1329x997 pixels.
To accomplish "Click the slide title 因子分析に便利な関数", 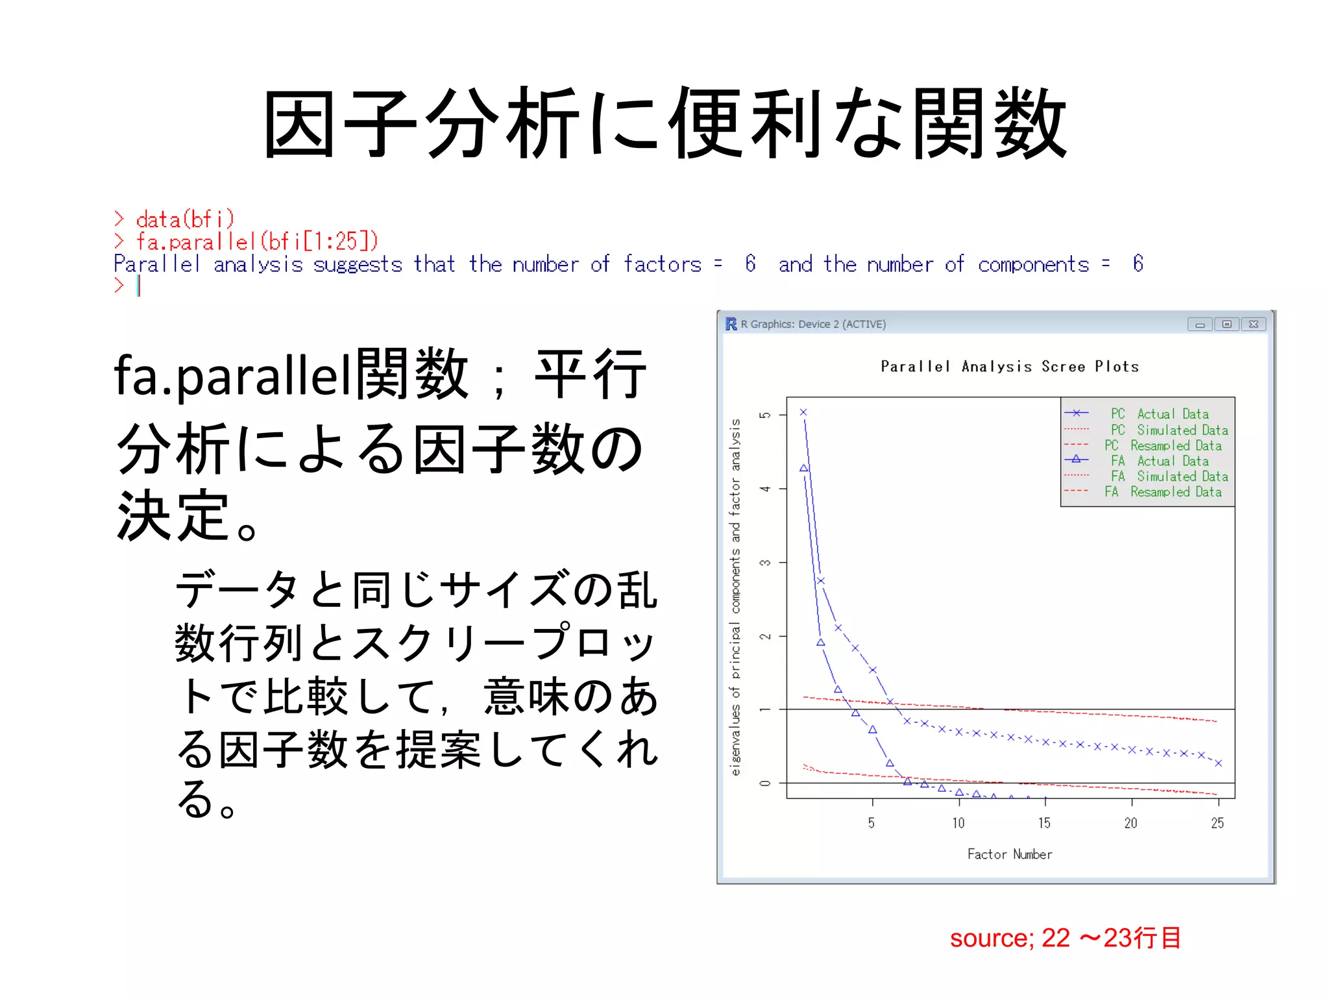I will tap(664, 123).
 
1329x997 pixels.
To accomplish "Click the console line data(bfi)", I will tap(184, 219).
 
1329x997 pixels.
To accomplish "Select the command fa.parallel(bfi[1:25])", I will tap(257, 241).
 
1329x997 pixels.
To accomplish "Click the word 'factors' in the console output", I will tap(662, 264).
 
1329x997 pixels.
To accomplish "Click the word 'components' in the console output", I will tap(1033, 265).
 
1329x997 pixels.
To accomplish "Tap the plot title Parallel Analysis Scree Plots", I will tap(1009, 367).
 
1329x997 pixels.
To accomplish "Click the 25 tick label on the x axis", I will tap(1217, 823).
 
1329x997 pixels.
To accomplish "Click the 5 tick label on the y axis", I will tap(766, 415).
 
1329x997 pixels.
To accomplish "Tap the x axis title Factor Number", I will tap(1009, 854).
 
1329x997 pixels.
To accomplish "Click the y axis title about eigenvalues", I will tap(735, 597).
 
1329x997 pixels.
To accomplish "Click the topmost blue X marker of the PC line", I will tap(803, 412).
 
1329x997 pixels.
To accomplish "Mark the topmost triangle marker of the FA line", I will tap(803, 468).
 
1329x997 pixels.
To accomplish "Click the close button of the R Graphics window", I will tap(1254, 324).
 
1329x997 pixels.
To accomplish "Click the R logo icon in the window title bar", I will tap(731, 324).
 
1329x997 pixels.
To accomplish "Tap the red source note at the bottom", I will tap(1065, 938).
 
